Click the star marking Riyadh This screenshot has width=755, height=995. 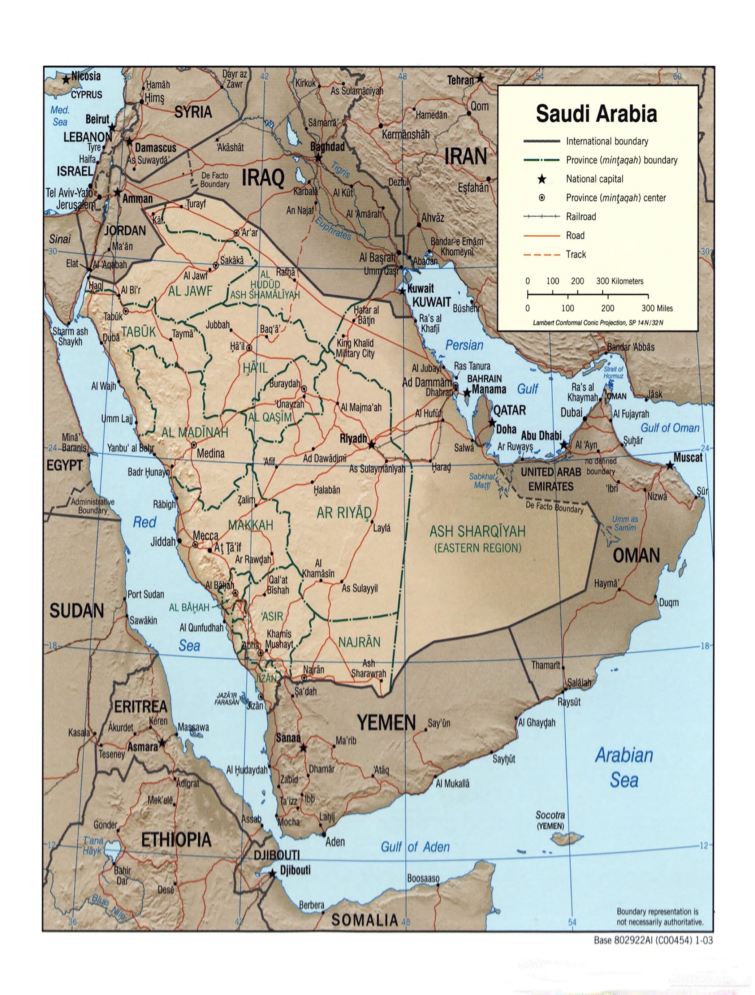[371, 445]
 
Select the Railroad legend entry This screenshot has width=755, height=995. [581, 216]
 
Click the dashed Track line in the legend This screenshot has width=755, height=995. [542, 255]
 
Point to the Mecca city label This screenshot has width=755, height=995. [205, 535]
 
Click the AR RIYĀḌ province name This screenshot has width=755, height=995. [344, 513]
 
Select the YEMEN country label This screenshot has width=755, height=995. [386, 723]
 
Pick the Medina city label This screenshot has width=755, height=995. [211, 453]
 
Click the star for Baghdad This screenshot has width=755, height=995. [318, 158]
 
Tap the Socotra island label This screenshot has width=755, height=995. [550, 815]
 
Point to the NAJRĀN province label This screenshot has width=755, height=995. [359, 642]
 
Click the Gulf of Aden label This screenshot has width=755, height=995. [415, 847]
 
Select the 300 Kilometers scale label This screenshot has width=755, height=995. [620, 281]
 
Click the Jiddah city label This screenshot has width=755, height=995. [163, 542]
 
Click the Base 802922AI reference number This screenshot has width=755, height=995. [653, 940]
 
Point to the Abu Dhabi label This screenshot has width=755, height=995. [541, 436]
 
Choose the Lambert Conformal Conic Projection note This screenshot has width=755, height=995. [597, 323]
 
